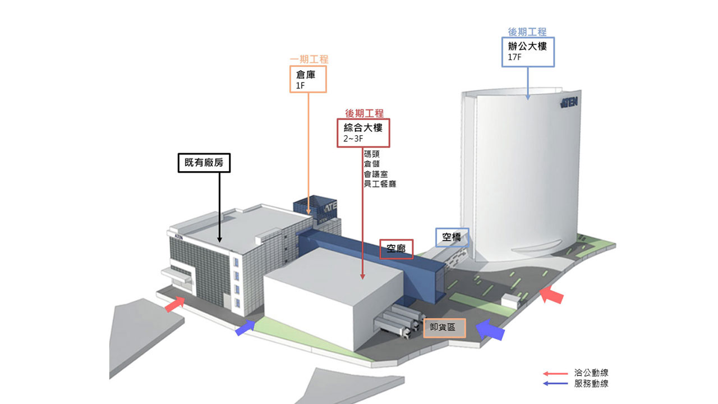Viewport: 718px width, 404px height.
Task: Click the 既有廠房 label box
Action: point(204,163)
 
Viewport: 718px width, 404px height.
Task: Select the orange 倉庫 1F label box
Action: point(308,79)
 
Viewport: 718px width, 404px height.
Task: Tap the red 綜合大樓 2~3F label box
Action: point(363,133)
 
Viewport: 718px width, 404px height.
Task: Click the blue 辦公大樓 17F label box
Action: point(528,52)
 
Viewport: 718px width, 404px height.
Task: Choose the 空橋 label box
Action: point(452,237)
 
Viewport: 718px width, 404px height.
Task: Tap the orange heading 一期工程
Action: point(309,59)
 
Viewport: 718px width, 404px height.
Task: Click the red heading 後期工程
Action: point(364,113)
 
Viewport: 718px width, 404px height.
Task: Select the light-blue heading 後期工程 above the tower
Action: point(527,32)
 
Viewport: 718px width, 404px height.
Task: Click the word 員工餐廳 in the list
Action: point(380,184)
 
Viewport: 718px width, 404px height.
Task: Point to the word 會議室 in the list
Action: point(375,174)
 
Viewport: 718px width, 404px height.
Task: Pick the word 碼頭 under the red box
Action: point(371,154)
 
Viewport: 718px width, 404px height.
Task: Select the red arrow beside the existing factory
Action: point(175,305)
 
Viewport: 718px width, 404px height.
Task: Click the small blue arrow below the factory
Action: point(246,328)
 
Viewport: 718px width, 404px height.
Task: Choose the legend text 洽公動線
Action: point(591,373)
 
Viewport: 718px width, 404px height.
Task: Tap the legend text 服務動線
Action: point(591,384)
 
